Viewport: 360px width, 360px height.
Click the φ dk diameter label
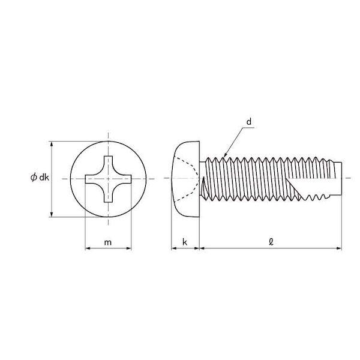click(x=40, y=178)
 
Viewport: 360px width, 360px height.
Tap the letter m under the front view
click(x=108, y=242)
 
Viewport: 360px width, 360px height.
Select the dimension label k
click(x=185, y=242)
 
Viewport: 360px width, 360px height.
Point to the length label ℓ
click(x=271, y=242)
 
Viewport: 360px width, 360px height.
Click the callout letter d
click(x=249, y=122)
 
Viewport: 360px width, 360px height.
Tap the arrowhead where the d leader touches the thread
click(x=225, y=155)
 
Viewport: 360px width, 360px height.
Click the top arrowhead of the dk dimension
click(x=52, y=144)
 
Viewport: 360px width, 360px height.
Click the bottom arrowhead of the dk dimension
click(x=52, y=214)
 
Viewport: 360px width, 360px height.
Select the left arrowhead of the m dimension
click(x=88, y=248)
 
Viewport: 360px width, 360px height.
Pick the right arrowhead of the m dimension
click(x=128, y=248)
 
